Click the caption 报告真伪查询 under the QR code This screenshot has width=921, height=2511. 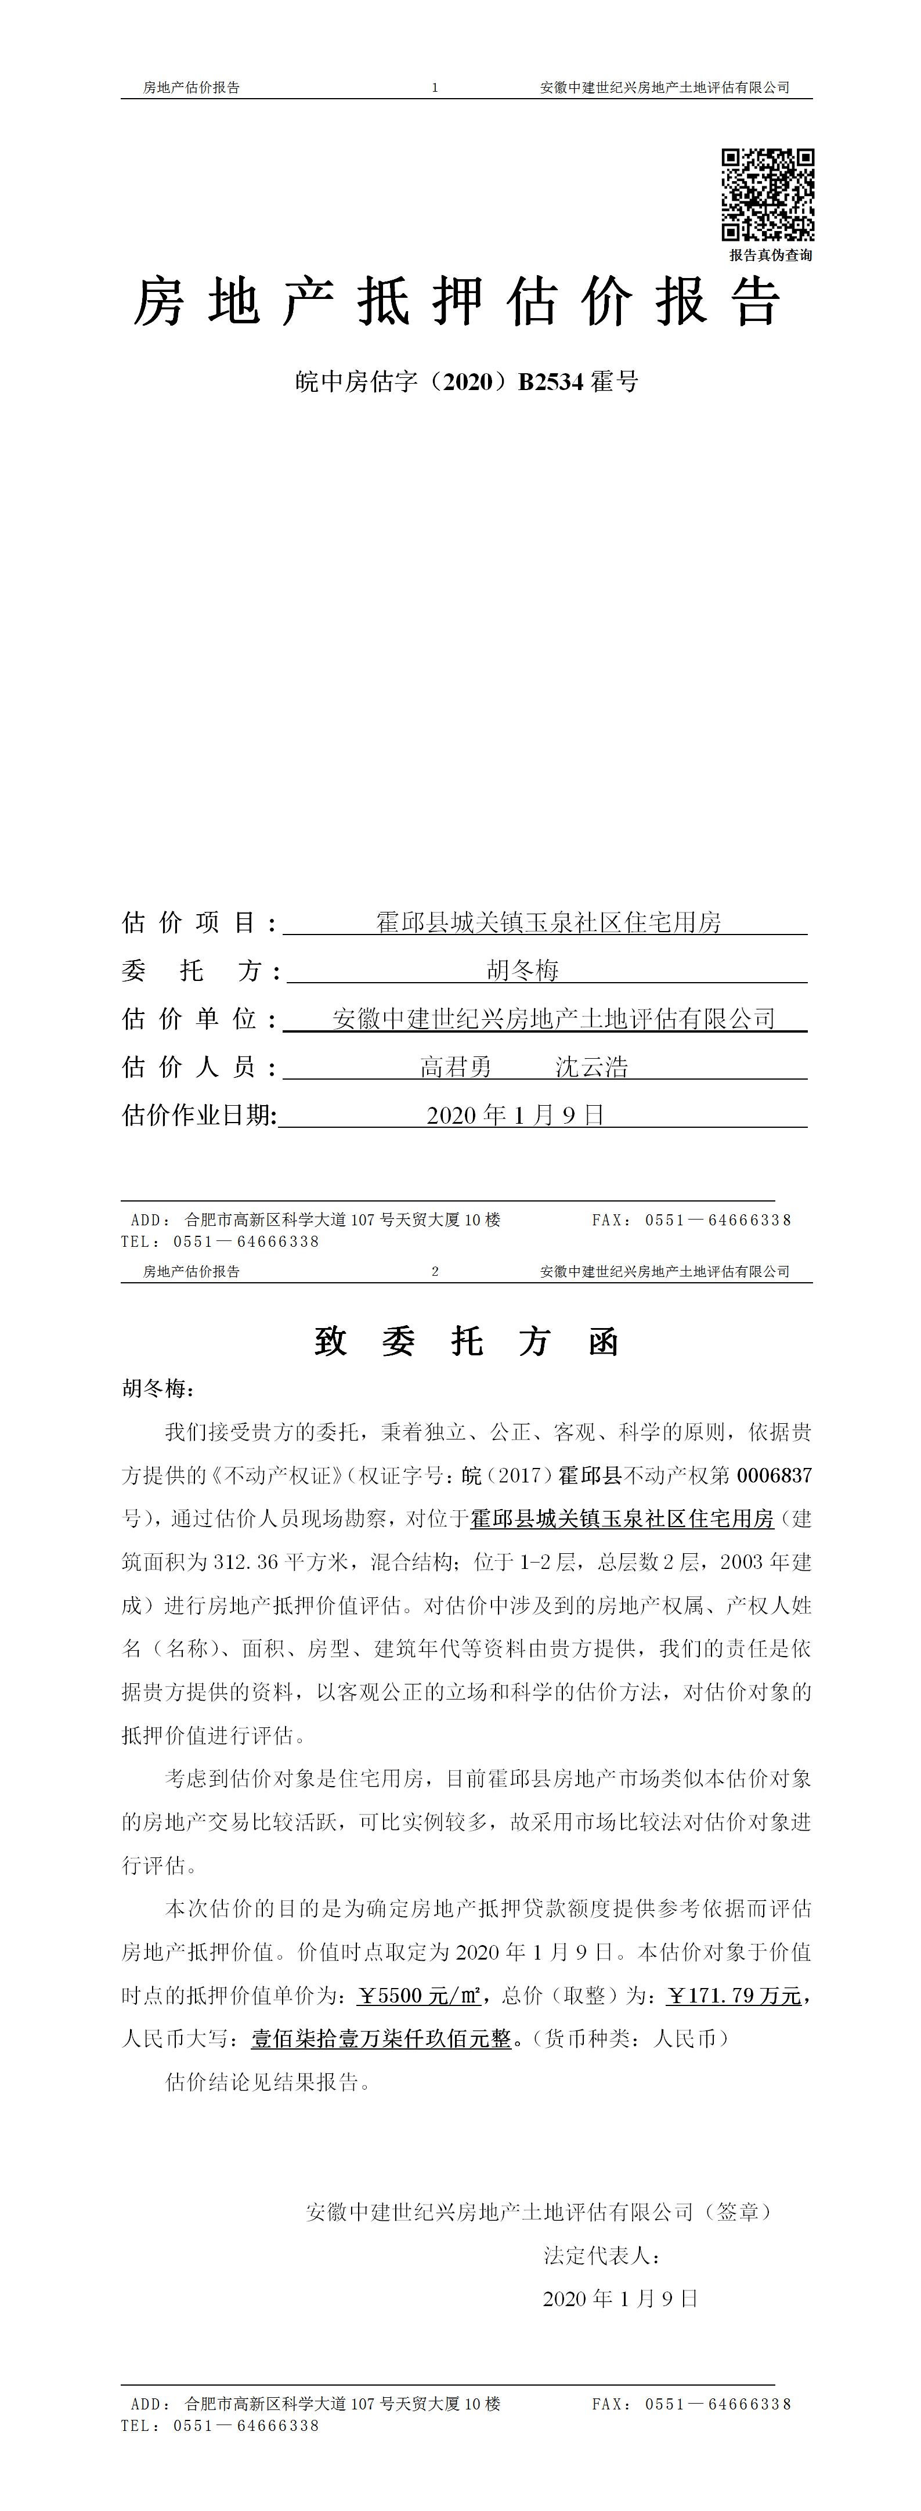[770, 255]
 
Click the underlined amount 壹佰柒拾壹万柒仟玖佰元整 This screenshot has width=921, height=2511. [381, 2039]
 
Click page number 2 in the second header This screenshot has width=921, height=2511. [435, 1271]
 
